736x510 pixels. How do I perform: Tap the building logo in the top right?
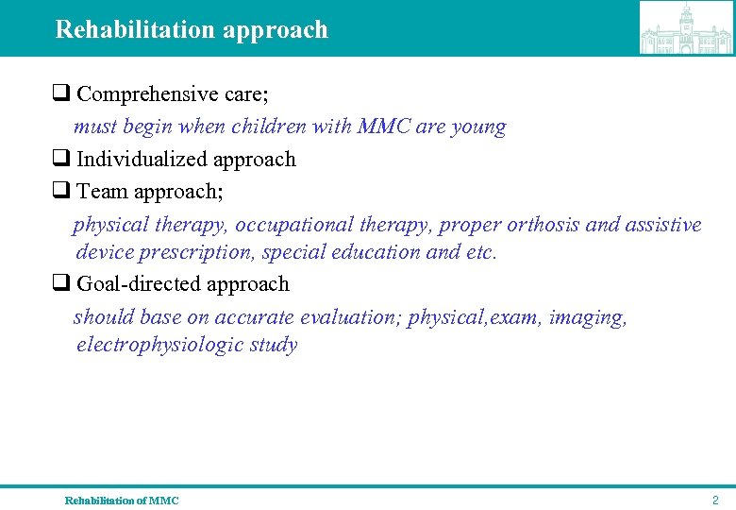686,28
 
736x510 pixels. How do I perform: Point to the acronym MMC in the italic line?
384,127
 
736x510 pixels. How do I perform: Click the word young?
479,127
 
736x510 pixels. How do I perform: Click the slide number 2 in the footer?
715,500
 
